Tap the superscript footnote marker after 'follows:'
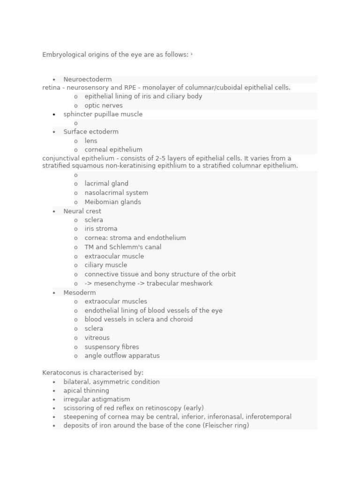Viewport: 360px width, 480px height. (192, 54)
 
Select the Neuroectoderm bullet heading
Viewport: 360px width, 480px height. (88, 79)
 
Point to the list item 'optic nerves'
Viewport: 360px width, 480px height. (104, 105)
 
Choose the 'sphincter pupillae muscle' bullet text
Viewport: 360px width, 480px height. (103, 114)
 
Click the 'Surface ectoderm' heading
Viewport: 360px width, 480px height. (91, 132)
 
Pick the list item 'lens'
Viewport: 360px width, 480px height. (91, 141)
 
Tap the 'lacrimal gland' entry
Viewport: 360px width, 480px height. (106, 184)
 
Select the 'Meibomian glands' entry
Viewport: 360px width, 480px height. (112, 202)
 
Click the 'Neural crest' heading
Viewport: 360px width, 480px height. (82, 211)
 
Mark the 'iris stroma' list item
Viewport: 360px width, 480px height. (101, 229)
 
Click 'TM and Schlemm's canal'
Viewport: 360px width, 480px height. (123, 247)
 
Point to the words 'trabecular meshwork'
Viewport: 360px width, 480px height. (180, 283)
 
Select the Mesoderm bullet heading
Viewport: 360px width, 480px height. (80, 292)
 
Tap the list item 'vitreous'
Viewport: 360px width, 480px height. (97, 337)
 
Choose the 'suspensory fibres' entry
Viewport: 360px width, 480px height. (112, 347)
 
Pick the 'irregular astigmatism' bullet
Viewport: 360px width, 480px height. (97, 399)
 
